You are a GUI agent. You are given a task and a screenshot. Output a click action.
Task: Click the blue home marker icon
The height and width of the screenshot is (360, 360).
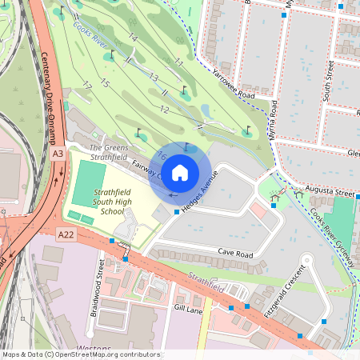click(180, 172)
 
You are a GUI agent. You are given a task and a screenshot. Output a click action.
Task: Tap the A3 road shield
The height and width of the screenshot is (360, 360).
click(58, 153)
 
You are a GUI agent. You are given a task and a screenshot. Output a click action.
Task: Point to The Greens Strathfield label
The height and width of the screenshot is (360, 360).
click(108, 152)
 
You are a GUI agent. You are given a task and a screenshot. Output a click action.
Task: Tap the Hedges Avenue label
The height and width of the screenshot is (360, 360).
click(200, 194)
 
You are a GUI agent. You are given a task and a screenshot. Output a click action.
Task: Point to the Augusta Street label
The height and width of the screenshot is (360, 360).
click(333, 193)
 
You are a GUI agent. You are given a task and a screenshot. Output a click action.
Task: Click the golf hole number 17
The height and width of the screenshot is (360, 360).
click(86, 85)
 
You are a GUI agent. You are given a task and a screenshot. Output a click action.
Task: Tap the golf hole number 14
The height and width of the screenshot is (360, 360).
click(133, 38)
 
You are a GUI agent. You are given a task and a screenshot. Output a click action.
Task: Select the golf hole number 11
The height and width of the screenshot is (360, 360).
click(178, 62)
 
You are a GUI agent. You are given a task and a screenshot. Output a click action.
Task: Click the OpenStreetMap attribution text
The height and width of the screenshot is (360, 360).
click(80, 354)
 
